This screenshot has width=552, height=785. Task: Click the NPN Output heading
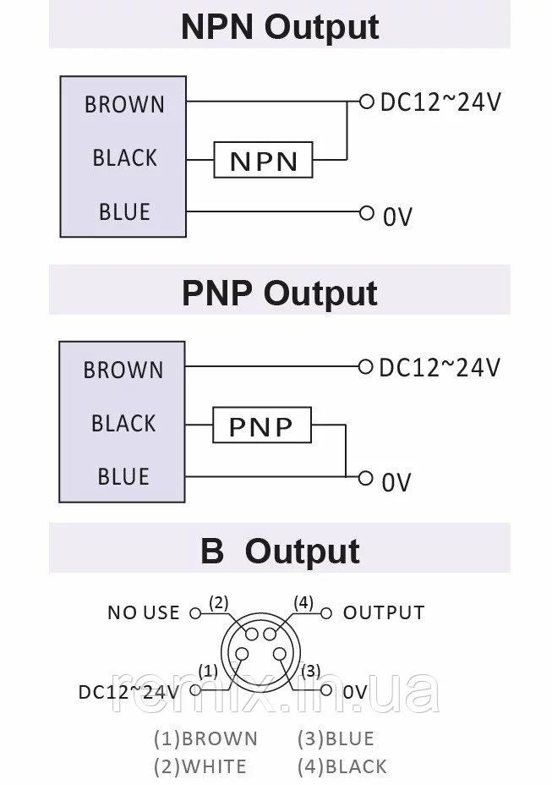(x=279, y=27)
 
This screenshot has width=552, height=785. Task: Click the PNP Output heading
(x=279, y=293)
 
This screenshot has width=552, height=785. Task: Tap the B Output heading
(x=279, y=551)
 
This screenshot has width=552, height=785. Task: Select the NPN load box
(x=263, y=160)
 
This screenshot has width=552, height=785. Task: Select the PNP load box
(x=261, y=425)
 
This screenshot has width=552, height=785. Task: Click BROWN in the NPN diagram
(x=124, y=105)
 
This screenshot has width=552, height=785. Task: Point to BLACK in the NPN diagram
(x=124, y=158)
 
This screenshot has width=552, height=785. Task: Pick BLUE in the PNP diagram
(x=123, y=477)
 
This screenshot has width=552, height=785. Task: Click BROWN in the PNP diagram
(x=123, y=371)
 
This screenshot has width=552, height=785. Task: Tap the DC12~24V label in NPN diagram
(x=440, y=102)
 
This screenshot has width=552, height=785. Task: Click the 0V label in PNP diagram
(x=396, y=482)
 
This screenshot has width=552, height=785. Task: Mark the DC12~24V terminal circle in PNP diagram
(x=365, y=366)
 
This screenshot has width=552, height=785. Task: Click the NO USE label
(x=144, y=612)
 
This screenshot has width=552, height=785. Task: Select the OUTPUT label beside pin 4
(x=383, y=612)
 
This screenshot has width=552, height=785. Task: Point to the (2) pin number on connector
(x=219, y=603)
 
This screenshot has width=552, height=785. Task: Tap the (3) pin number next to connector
(x=311, y=671)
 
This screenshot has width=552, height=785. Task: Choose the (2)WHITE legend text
(x=200, y=766)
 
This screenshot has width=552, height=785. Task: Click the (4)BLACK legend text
(x=342, y=766)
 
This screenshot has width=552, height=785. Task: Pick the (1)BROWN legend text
(x=205, y=738)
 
